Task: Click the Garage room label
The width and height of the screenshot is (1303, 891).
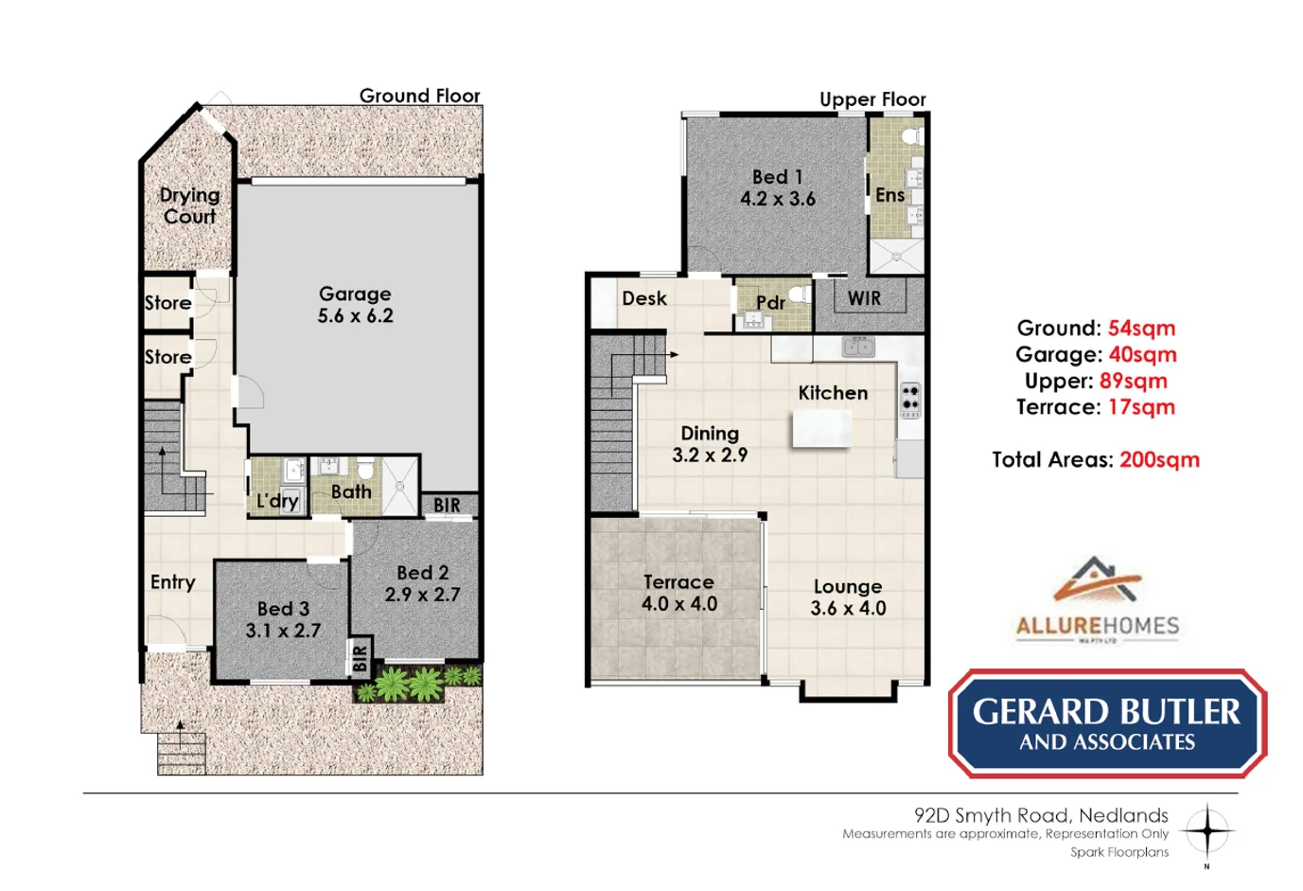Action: point(355,294)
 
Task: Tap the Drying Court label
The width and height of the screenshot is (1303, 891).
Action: point(189,205)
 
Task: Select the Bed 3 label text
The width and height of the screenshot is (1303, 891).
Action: point(283,609)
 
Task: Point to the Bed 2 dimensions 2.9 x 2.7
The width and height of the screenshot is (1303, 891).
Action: point(422,595)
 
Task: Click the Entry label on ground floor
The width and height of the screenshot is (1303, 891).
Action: point(172,582)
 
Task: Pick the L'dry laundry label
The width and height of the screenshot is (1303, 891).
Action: point(277,500)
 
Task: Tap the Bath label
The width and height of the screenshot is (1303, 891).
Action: point(351,491)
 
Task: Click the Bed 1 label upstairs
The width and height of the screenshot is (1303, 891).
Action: point(777,177)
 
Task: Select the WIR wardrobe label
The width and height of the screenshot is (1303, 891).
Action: point(864,298)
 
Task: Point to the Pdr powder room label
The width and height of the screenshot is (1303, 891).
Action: point(770,303)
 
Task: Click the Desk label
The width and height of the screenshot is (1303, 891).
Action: point(644,298)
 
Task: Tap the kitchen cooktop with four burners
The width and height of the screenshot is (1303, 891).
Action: point(910,401)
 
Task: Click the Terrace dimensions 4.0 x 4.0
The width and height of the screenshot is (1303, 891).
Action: point(679,604)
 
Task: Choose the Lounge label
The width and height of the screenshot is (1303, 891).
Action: point(847,587)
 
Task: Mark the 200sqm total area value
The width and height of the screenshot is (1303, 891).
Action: point(1159,460)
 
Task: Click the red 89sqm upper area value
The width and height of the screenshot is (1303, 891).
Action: point(1133,381)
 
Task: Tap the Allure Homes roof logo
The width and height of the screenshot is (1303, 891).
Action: point(1097,579)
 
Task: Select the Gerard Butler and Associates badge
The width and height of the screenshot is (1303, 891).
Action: point(1107,724)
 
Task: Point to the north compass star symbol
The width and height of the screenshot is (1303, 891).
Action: point(1206,831)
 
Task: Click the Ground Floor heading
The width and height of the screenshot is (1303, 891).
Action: point(419,96)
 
